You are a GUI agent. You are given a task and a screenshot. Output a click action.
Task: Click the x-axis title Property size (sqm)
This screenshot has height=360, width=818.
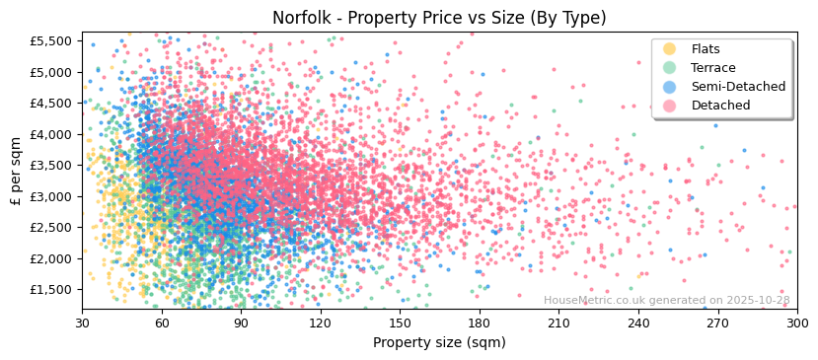click(x=439, y=342)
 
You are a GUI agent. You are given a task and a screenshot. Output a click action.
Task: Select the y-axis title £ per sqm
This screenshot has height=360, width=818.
click(x=16, y=172)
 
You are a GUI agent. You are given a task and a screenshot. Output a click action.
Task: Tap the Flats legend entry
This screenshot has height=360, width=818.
click(x=706, y=49)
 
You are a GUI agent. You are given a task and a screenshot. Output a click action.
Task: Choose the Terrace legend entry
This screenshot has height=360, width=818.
click(x=713, y=68)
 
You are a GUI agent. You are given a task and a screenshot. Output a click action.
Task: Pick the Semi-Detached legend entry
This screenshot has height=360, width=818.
click(x=738, y=87)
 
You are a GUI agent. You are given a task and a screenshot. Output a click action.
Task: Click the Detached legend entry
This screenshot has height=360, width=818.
click(x=720, y=106)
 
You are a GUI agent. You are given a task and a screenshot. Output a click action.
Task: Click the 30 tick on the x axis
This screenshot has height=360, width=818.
click(x=82, y=324)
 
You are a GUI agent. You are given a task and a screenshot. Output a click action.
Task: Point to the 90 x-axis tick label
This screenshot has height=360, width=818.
click(x=241, y=324)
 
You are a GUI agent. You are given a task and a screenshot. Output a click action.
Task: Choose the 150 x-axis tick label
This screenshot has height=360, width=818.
click(x=400, y=324)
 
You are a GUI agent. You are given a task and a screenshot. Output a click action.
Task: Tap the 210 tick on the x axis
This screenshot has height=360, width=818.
click(x=558, y=324)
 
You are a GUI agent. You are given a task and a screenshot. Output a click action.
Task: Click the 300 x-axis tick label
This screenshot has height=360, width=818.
click(x=796, y=324)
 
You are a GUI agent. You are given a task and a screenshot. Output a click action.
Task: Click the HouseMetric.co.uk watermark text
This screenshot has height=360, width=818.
click(x=666, y=301)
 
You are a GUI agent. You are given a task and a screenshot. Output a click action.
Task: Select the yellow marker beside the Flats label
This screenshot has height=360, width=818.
click(x=670, y=49)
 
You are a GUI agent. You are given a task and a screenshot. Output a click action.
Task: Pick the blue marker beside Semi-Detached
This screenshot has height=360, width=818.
click(x=670, y=87)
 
